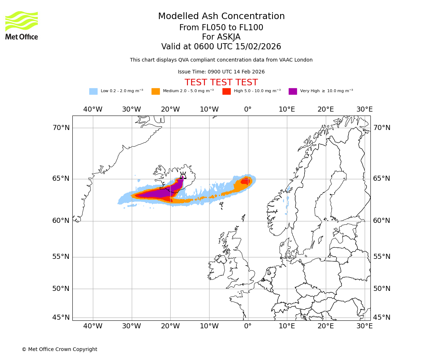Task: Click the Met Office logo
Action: (22, 25)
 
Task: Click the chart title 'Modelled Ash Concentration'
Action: (221, 17)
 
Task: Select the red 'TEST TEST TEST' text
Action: (221, 82)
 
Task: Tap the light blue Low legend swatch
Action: (93, 91)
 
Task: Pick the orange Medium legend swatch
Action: (156, 91)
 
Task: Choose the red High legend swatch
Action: (226, 91)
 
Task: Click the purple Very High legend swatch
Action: (293, 91)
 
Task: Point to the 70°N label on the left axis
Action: (61, 128)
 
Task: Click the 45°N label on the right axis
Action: (382, 318)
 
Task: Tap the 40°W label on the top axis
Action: (93, 109)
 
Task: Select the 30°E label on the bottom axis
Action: (365, 326)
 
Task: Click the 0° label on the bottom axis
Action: (248, 326)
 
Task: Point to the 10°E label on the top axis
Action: (287, 109)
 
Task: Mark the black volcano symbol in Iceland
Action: (183, 175)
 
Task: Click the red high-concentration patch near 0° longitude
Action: (245, 181)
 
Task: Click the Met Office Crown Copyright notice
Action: (59, 349)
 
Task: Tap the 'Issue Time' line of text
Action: (221, 72)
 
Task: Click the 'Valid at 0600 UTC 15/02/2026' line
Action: (221, 47)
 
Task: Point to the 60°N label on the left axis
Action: (61, 221)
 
